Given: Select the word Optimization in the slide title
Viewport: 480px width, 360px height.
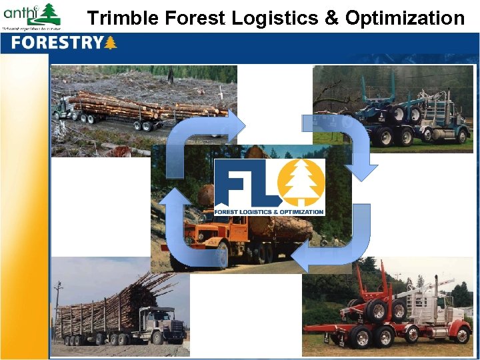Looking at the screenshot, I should click(405, 18).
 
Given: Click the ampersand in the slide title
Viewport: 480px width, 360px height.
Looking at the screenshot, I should click(331, 18).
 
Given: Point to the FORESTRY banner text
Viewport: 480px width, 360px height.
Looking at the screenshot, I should click(57, 43).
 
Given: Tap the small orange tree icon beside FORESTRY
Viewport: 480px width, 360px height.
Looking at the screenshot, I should click(111, 43).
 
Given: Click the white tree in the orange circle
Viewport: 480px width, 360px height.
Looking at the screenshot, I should click(300, 183).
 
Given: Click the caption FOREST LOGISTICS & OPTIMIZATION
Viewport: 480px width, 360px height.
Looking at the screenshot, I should click(269, 211).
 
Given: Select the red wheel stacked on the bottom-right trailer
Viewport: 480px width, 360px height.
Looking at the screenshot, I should click(376, 311).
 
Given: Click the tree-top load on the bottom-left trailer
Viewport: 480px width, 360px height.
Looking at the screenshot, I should click(120, 300).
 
